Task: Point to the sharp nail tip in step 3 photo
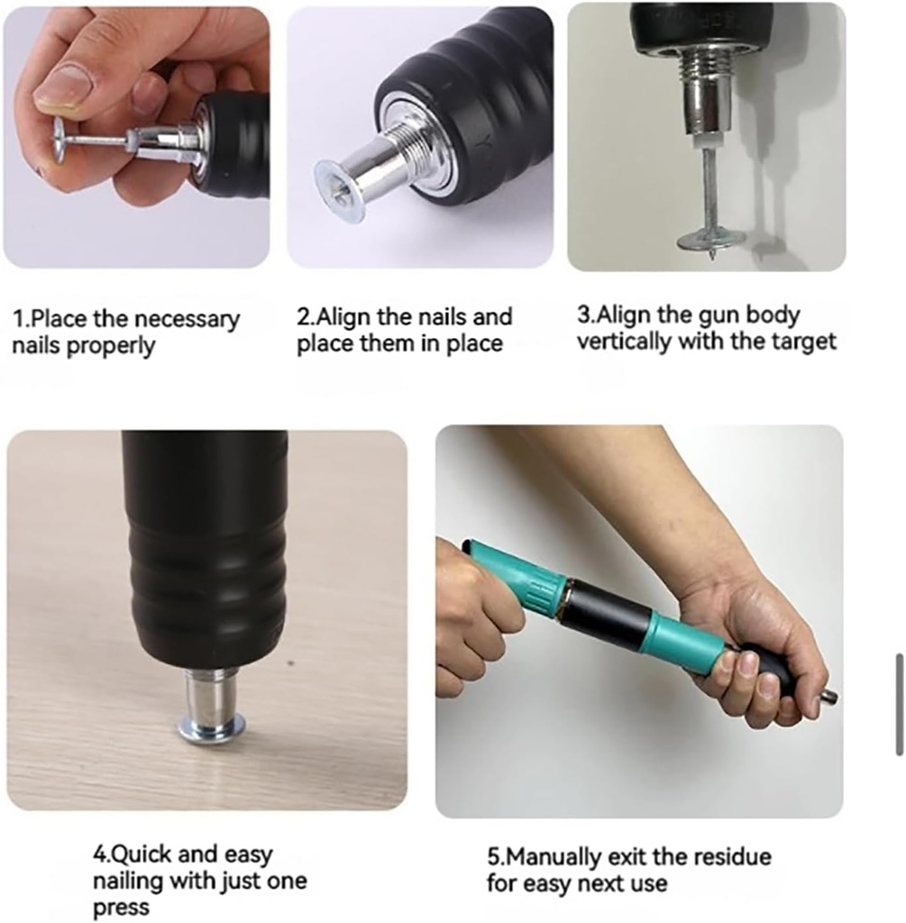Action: (x=713, y=257)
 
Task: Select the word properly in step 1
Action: (x=110, y=346)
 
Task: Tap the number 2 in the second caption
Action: (x=304, y=316)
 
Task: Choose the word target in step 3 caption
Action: (x=806, y=342)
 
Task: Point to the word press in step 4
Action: (x=121, y=908)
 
